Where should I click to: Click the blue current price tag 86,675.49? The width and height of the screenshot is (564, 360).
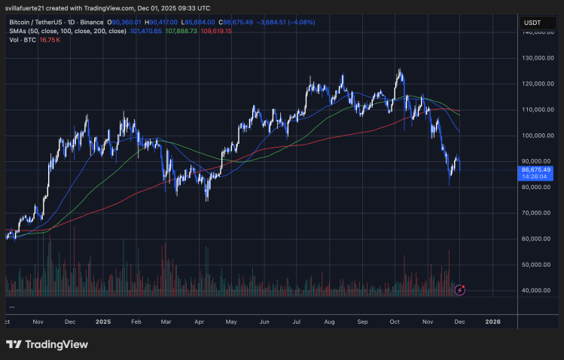[536, 170]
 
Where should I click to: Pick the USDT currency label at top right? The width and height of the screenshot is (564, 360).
[532, 23]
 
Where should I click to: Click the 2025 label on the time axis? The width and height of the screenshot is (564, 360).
[104, 321]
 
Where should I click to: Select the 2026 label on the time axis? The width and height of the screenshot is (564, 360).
[492, 321]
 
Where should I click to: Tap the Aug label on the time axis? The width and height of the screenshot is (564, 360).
[328, 321]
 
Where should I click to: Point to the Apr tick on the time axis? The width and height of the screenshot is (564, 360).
[199, 321]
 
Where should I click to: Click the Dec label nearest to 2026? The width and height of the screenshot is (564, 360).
[459, 321]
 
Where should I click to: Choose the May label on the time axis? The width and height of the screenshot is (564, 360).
[231, 321]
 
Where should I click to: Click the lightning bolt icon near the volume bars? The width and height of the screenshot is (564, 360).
[461, 288]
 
